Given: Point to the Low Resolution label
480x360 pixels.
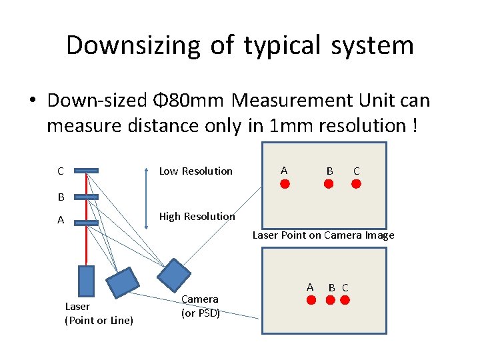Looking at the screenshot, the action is coord(195,171).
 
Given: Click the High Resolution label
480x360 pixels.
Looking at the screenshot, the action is coord(197,216).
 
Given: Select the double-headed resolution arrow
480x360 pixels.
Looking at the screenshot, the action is coord(148,194).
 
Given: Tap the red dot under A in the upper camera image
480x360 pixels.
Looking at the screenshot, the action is coord(285,185).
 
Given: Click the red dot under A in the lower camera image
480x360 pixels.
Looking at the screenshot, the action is coord(311,301).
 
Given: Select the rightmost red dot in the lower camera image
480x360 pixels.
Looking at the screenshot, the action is coord(345,301).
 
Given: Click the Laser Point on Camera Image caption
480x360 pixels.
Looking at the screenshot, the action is coord(323,235).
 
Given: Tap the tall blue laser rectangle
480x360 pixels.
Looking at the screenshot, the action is coord(87,282).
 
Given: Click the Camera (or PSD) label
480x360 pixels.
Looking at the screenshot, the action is coord(200,305).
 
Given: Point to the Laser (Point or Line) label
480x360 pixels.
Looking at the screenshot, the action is coord(99,313).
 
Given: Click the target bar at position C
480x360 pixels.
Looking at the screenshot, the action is coord(87,171).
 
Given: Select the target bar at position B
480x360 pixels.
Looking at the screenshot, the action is coord(87,197).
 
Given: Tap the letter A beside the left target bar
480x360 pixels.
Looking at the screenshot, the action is coord(61,220).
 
